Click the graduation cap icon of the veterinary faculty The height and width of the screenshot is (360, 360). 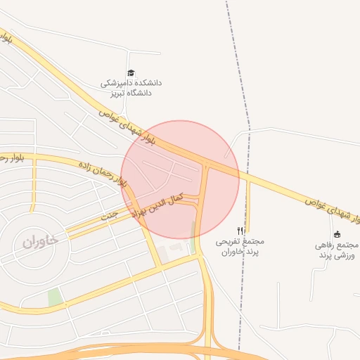[131, 73]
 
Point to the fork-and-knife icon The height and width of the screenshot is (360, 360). [240, 231]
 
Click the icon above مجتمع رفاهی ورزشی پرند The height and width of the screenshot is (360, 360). [337, 234]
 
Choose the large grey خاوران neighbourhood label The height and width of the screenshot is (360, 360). [39, 241]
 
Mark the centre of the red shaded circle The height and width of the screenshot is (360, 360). [181, 179]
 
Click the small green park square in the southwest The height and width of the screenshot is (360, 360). [55, 297]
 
